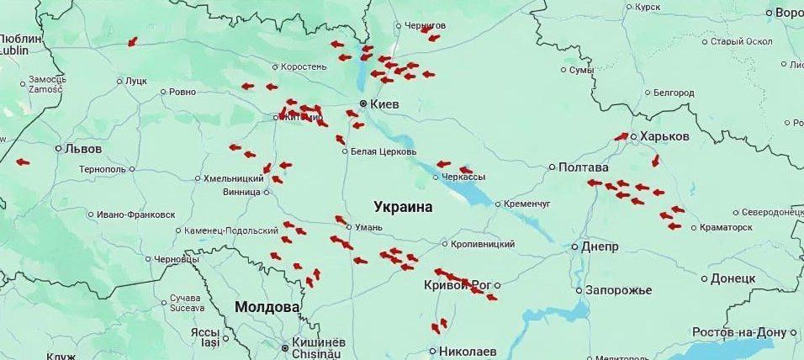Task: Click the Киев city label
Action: coord(384,104)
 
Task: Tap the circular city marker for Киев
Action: coord(363,104)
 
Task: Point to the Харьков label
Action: coord(664,136)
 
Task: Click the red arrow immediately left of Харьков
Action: coord(622,136)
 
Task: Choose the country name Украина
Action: coord(403,207)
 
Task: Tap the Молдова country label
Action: coord(267,307)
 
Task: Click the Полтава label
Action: coord(583,167)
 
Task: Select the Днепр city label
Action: coord(600,247)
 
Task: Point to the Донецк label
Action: coord(733,278)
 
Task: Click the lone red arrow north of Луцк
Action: coord(132,42)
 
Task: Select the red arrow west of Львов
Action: coord(22,162)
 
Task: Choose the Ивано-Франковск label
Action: coord(135,215)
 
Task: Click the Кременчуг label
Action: coord(526,204)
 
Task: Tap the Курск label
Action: coord(648,8)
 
